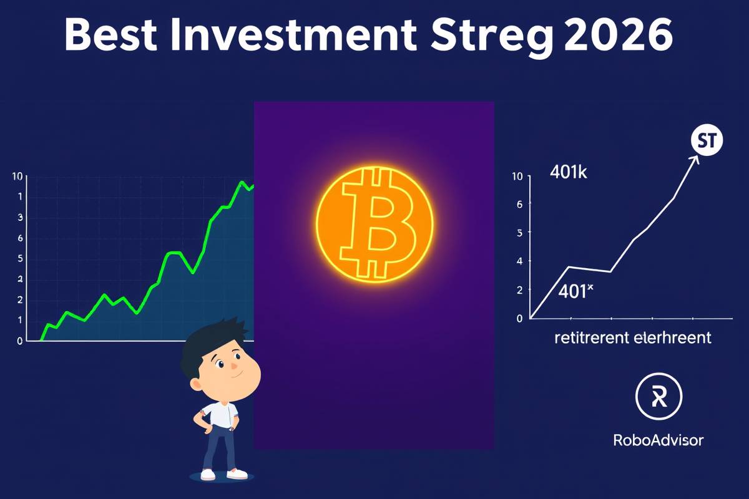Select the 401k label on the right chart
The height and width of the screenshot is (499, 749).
568,173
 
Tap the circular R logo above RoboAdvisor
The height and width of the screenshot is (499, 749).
658,398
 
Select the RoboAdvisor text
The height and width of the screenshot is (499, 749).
658,440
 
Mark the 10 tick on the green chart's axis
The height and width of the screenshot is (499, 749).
17,177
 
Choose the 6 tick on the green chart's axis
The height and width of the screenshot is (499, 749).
21,238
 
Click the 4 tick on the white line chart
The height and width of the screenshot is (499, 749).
517,261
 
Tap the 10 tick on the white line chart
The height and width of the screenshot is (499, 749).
516,177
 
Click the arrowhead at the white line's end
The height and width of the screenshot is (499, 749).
693,158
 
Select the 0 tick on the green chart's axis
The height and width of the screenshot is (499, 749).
21,341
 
